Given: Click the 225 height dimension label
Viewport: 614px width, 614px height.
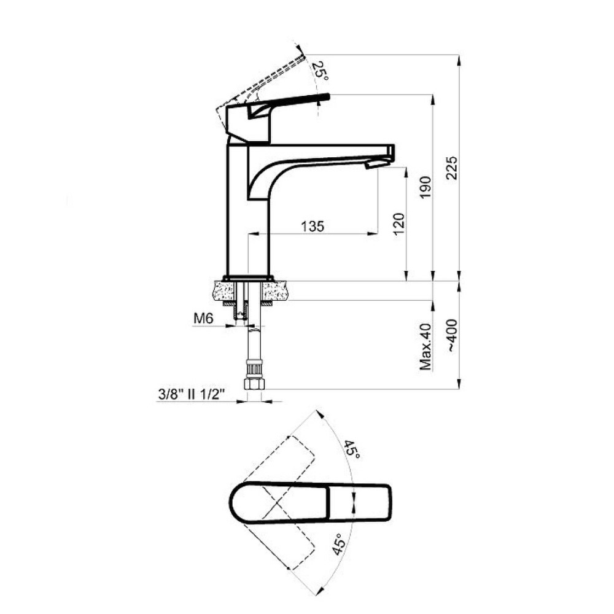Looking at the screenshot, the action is [x=452, y=168].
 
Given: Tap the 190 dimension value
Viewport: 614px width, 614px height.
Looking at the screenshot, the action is [x=426, y=187].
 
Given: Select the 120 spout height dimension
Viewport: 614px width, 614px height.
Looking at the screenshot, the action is [x=398, y=224].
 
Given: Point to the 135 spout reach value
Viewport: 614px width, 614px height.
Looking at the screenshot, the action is [x=313, y=227].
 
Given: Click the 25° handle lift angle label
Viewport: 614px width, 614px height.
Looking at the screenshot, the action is [x=321, y=71].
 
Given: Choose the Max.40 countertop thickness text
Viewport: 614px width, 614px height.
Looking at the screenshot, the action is [x=426, y=347].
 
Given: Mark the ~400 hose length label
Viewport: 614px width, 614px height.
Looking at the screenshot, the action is [x=452, y=336].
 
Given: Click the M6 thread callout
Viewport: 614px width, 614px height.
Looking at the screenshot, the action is [x=203, y=319].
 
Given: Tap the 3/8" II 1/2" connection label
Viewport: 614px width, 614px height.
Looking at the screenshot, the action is [x=192, y=394].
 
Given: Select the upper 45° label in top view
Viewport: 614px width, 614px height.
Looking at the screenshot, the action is [x=352, y=450].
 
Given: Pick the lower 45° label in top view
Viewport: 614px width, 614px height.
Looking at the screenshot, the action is [x=339, y=544].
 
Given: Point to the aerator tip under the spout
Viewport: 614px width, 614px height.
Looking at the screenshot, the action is [x=373, y=165].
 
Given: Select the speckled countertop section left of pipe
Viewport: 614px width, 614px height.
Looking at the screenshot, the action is [x=224, y=291].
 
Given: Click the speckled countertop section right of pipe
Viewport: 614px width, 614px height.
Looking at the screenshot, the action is [x=275, y=291].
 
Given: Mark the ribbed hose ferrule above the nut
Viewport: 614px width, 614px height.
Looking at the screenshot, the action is [x=253, y=369].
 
